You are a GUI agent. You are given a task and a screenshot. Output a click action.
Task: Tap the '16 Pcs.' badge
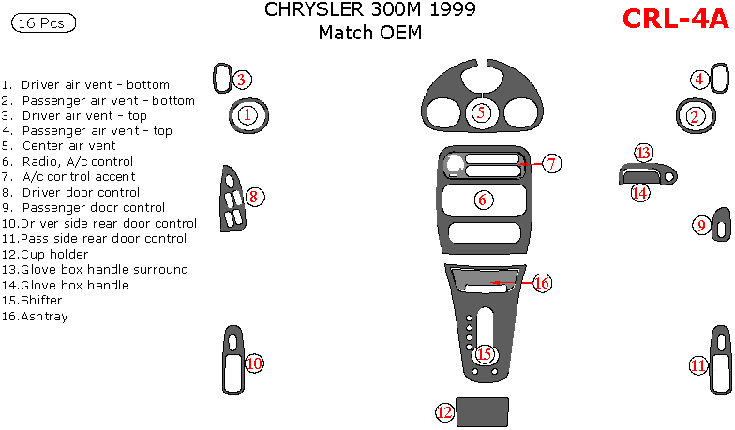click(44, 23)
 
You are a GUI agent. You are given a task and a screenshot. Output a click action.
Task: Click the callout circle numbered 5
click(481, 112)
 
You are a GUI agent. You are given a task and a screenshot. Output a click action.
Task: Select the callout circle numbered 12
click(445, 410)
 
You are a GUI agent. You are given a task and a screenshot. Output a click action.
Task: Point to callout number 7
click(551, 164)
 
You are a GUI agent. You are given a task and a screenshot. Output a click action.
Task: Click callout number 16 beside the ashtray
click(542, 283)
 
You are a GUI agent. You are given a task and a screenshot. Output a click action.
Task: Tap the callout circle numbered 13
click(643, 153)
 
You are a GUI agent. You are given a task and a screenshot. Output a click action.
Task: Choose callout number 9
click(701, 225)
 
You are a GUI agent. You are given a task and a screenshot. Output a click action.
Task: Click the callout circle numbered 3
click(241, 80)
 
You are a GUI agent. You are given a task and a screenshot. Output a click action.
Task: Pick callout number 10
click(254, 363)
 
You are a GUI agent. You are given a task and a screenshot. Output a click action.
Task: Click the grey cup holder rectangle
click(483, 410)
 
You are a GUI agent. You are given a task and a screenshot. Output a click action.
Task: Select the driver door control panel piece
click(232, 199)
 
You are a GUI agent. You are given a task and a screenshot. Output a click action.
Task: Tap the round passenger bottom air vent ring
click(694, 116)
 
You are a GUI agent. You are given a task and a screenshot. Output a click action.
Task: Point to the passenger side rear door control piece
click(720, 362)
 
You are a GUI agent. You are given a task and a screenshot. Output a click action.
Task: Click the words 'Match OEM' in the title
click(369, 34)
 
